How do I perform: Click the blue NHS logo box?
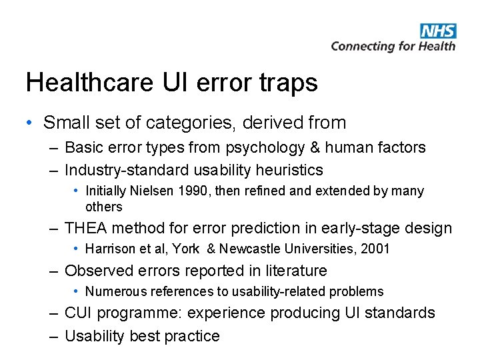pos(438,31)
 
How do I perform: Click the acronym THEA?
pos(86,228)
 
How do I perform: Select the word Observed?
pos(95,271)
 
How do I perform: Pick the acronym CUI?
pos(79,313)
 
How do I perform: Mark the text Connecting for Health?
pos(393,46)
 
